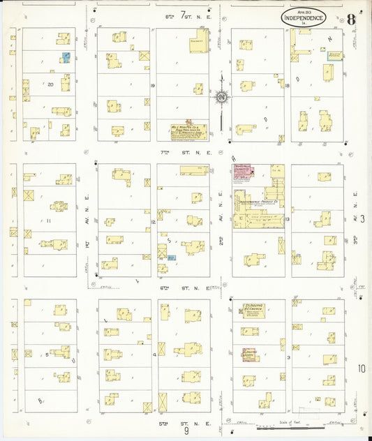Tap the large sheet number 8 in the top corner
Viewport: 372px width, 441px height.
click(x=350, y=18)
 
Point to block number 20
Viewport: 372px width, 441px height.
click(x=50, y=84)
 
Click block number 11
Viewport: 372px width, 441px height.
click(x=50, y=221)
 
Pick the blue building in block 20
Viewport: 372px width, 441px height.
click(x=66, y=57)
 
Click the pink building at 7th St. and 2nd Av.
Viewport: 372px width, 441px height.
click(x=242, y=172)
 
